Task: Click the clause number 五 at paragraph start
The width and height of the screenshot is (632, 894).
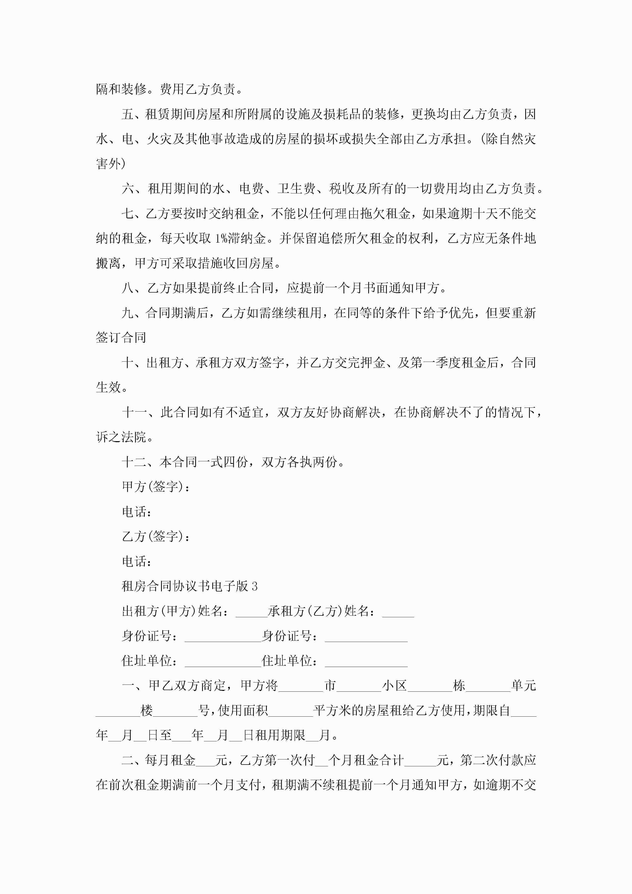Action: pyautogui.click(x=127, y=114)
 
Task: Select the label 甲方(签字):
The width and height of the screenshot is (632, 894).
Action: pyautogui.click(x=156, y=487)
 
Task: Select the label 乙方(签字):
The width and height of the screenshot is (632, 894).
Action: pyautogui.click(x=156, y=536)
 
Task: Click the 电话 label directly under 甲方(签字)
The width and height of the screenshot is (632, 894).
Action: pyautogui.click(x=136, y=512)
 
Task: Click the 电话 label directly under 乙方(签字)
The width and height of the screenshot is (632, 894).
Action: pyautogui.click(x=136, y=561)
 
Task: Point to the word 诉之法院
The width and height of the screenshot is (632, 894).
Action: pyautogui.click(x=121, y=437)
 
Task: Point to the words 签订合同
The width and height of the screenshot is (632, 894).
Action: pyautogui.click(x=121, y=338)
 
